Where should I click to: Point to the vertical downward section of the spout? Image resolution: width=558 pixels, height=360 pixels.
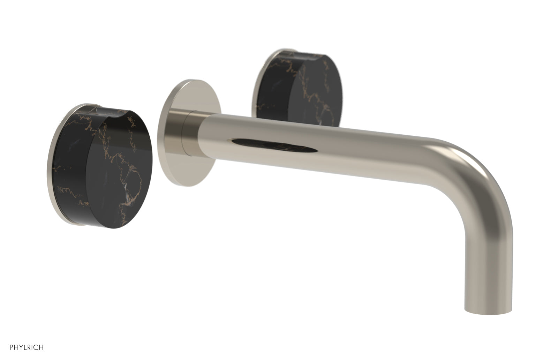[x=488, y=258]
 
